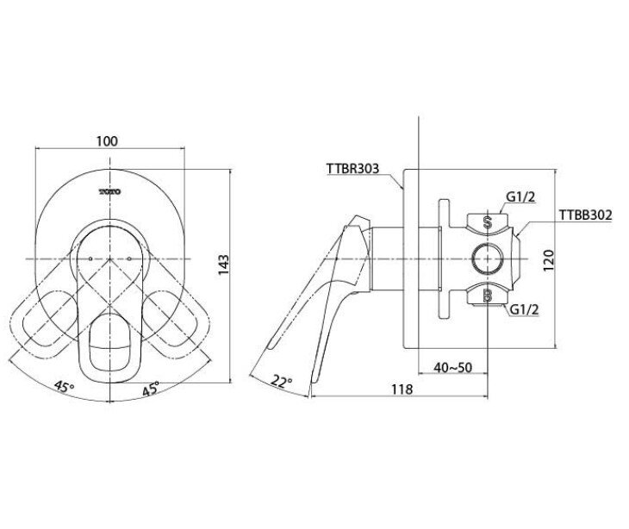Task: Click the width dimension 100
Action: pyautogui.click(x=108, y=141)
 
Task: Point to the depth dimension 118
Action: pyautogui.click(x=399, y=389)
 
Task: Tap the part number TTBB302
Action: pyautogui.click(x=584, y=216)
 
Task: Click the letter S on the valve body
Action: pyautogui.click(x=487, y=221)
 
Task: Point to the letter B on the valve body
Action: pyautogui.click(x=487, y=296)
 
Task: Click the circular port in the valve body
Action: pyautogui.click(x=487, y=258)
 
